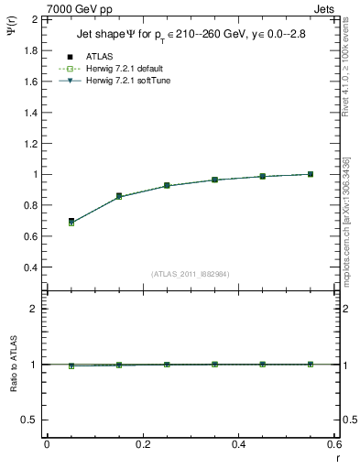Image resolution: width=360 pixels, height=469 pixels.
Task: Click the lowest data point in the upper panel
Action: click(x=71, y=222)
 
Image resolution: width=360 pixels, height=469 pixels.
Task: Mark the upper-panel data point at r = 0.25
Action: click(x=167, y=185)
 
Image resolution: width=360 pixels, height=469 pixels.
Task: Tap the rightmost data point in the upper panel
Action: click(x=311, y=174)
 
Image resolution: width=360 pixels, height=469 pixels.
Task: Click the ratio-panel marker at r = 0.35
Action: click(x=214, y=365)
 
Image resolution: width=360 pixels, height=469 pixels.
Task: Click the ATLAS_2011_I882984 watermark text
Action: click(x=191, y=274)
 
